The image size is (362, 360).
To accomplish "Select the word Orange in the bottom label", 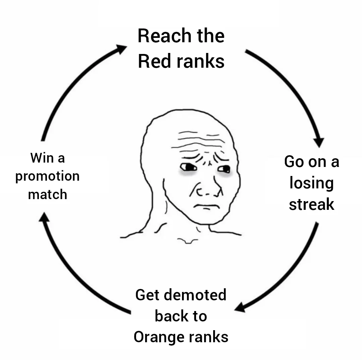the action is click(159, 337).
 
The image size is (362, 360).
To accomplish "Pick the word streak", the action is click(311, 204).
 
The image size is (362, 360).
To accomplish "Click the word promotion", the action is click(47, 177).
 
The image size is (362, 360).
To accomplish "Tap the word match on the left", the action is click(47, 194).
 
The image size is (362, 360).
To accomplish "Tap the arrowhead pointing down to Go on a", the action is click(319, 142).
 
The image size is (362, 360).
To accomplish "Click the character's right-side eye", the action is click(224, 169).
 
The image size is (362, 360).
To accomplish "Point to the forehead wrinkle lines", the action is click(198, 141).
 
